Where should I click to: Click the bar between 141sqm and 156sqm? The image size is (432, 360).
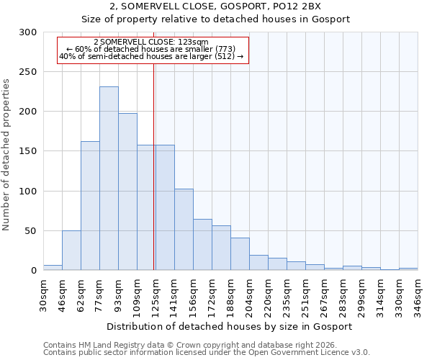pos(184,230)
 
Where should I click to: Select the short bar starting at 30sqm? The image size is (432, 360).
pos(53,268)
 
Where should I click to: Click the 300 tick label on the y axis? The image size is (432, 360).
pos(27,32)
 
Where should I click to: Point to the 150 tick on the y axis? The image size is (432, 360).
pos(27,152)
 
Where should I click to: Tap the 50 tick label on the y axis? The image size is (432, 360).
pos(30,231)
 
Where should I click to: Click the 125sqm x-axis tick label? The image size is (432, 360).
pos(156,293)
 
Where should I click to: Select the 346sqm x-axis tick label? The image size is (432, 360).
pos(418,293)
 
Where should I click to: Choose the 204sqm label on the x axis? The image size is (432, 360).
pos(249,293)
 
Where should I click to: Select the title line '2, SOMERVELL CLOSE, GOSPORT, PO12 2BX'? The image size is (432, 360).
pos(230,6)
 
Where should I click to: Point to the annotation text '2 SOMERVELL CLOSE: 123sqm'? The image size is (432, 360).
pos(151,42)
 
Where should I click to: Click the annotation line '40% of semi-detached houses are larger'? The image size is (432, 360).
pos(151,56)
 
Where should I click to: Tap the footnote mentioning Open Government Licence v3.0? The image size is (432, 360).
pos(207,353)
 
